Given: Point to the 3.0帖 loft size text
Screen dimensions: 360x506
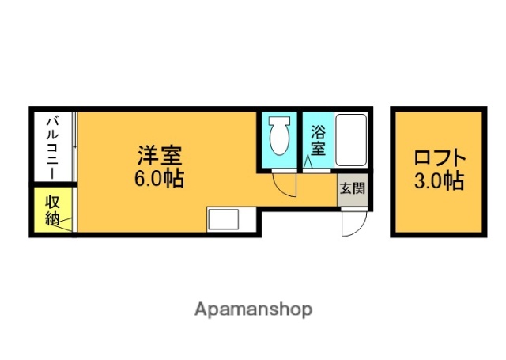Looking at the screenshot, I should (x=438, y=181).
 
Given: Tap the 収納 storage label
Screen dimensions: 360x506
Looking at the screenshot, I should (x=52, y=209).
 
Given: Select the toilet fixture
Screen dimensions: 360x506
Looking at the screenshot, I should (x=279, y=139).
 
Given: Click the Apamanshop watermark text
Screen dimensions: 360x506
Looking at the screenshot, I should (x=253, y=309).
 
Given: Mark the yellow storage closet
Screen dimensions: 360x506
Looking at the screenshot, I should (x=52, y=210).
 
